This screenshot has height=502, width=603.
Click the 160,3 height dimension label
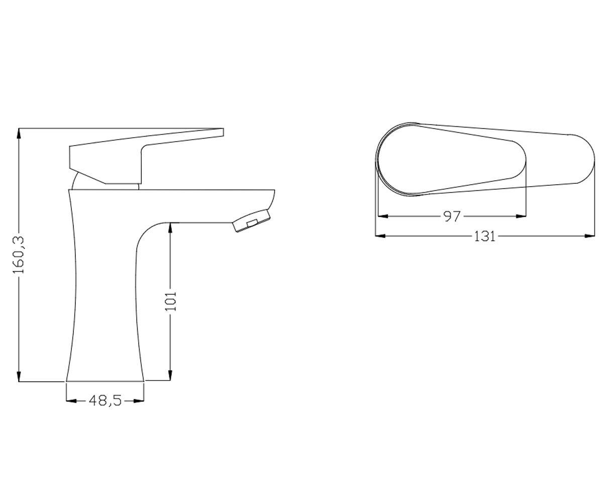pos(20,255)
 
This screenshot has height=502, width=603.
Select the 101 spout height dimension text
pos(170,301)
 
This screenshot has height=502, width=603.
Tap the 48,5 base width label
pos(105,401)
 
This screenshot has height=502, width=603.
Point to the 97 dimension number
pos(451,216)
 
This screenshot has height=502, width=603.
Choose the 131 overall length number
pos(485,236)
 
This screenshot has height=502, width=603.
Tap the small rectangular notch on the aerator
pos(252,222)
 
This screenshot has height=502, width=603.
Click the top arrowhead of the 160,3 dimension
pos(19,134)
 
